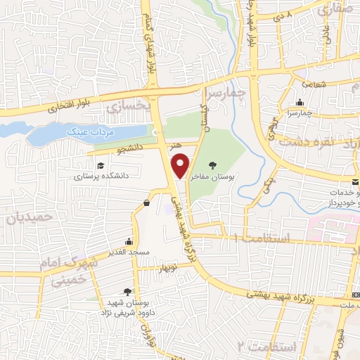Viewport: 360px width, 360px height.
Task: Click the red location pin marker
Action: pos(181,165)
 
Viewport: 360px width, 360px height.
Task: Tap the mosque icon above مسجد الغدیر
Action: pos(129,241)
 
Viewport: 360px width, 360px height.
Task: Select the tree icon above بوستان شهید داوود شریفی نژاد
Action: pos(127,291)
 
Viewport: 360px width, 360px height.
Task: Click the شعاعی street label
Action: pos(315,83)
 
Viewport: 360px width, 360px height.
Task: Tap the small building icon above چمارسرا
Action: pos(300,101)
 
